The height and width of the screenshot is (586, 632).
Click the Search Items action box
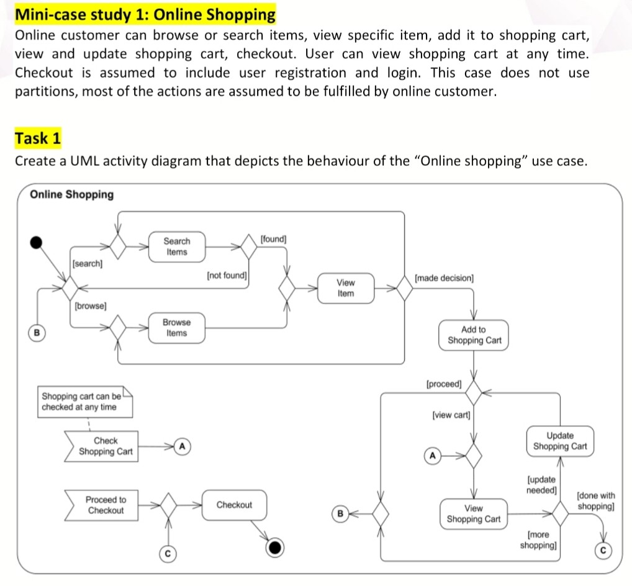[176, 246]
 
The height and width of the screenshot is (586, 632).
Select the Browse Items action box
[176, 328]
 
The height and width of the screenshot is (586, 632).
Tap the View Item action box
[346, 288]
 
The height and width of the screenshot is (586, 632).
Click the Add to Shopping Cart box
[474, 335]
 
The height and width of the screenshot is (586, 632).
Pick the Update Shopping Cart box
[560, 441]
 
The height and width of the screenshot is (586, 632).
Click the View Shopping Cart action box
[473, 513]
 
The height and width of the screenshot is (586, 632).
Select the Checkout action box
[234, 505]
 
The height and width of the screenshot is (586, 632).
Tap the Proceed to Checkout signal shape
[103, 505]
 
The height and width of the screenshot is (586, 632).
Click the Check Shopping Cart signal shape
[103, 446]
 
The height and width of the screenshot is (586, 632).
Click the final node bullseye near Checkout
[276, 547]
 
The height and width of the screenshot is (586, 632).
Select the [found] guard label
[274, 238]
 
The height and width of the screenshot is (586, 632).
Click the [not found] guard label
[227, 274]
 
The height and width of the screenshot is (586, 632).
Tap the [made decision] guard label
[444, 278]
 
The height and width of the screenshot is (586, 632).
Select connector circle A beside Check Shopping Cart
[182, 446]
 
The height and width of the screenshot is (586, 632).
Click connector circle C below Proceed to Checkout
[166, 552]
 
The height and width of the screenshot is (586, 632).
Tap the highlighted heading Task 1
[38, 138]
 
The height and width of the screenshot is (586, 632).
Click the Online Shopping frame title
[72, 194]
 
